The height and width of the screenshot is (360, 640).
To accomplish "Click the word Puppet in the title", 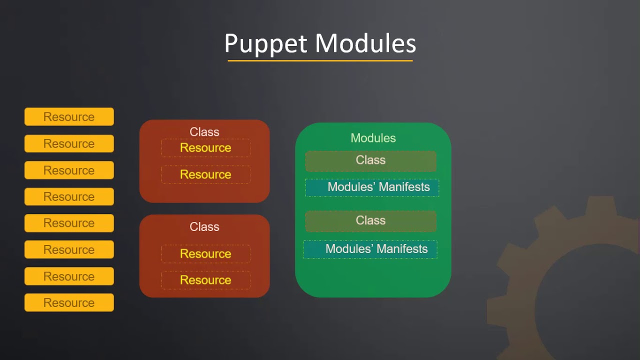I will coord(265,43).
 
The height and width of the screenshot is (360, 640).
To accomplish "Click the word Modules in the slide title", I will coord(365,43).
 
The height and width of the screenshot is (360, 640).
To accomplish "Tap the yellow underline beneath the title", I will coord(320,61).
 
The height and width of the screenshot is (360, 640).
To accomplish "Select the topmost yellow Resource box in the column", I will coord(69,117).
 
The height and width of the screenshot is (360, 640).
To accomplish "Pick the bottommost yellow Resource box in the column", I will coord(69,302).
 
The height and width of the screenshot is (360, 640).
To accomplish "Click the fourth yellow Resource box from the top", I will coord(69,196).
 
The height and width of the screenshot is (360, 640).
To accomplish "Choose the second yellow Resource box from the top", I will coord(69,143).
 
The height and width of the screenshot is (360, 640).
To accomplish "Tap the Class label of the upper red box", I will coord(204,132).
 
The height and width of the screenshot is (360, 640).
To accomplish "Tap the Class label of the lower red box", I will coord(204,226).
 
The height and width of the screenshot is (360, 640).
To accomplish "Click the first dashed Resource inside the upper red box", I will coord(205,148).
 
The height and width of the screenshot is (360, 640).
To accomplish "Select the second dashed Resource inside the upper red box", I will coord(205,174).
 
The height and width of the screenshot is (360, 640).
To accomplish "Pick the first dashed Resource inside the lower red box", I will coord(205,253).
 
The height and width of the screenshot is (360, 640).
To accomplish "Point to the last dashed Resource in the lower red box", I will coord(205,280).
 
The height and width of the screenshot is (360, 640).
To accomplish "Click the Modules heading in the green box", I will coord(373,138).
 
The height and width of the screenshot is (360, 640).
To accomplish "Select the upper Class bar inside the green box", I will coord(370,160).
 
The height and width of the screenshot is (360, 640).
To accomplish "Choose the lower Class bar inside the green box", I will coord(370,220).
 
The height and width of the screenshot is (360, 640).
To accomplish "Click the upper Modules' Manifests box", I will coord(372,187).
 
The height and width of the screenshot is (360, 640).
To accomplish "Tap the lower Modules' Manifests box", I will coord(370,249).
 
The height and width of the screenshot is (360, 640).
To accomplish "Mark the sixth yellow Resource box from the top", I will coord(69,249).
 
